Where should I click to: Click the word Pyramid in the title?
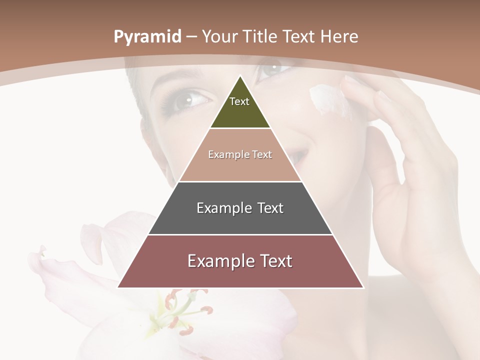point(147,37)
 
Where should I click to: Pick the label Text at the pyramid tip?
point(239,101)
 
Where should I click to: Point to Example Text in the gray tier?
point(240,208)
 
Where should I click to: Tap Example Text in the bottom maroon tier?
point(240,261)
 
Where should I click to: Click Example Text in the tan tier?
point(240,154)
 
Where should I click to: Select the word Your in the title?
point(220,37)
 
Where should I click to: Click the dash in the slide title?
point(191,37)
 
